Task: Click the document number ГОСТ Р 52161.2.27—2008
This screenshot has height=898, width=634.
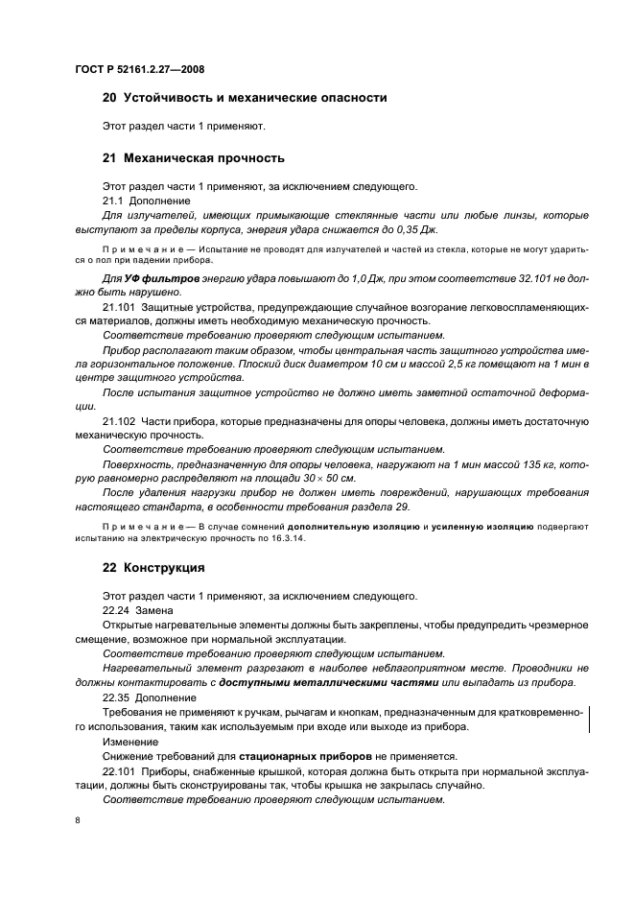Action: pyautogui.click(x=139, y=70)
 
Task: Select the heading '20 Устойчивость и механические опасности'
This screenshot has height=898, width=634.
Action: pyautogui.click(x=245, y=97)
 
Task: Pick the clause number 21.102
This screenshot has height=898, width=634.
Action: pyautogui.click(x=119, y=421)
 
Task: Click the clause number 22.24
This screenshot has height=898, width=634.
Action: pyautogui.click(x=115, y=610)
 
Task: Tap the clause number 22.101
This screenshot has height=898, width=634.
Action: pyautogui.click(x=119, y=771)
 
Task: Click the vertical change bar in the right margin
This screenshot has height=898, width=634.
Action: pyautogui.click(x=588, y=719)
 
